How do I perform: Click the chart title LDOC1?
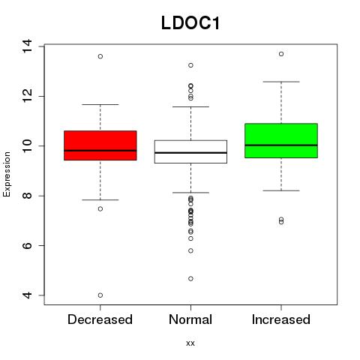[190, 23]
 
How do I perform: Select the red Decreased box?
[100, 145]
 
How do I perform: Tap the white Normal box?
[190, 151]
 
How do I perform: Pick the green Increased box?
[281, 141]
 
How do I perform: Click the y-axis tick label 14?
[27, 46]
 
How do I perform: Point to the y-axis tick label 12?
[27, 96]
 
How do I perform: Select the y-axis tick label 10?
[27, 146]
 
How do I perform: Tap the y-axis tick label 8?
[27, 196]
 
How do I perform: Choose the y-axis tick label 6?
[27, 245]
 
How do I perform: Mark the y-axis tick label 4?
[27, 295]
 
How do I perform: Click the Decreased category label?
[100, 319]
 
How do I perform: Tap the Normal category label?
[190, 319]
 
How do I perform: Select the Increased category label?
[281, 319]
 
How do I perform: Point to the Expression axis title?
[7, 174]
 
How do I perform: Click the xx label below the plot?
[190, 343]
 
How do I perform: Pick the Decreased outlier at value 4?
[100, 295]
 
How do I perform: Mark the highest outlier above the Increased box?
[281, 54]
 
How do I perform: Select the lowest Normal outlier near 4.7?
[190, 278]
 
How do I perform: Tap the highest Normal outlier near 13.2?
[190, 65]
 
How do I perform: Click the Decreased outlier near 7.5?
[100, 208]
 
